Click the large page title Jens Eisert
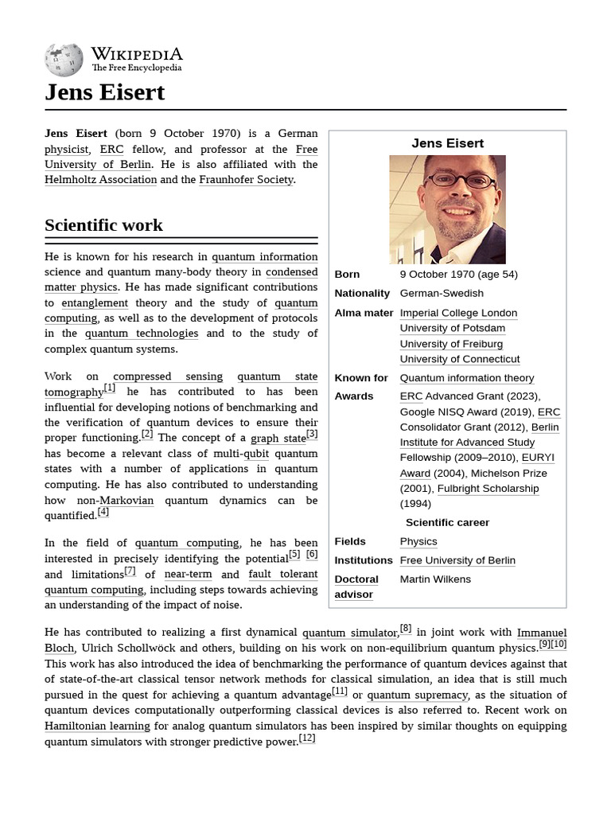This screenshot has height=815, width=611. click(x=104, y=92)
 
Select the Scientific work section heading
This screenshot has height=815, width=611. click(x=103, y=225)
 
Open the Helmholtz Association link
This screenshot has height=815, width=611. click(x=100, y=180)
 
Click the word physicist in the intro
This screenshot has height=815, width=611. click(x=67, y=150)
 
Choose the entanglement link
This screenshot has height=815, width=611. click(x=95, y=303)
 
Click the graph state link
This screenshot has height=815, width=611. click(x=278, y=439)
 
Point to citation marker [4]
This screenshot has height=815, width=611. click(x=103, y=513)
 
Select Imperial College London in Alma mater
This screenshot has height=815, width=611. click(x=458, y=313)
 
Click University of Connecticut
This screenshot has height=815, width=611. click(x=459, y=359)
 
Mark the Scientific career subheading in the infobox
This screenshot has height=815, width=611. click(x=447, y=523)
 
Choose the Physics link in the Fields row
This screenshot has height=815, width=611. click(x=418, y=541)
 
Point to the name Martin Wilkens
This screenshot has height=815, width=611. click(x=435, y=579)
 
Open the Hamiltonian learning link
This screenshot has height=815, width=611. click(x=97, y=726)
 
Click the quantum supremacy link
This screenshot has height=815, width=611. click(x=417, y=695)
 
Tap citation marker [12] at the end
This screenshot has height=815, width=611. click(x=306, y=739)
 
